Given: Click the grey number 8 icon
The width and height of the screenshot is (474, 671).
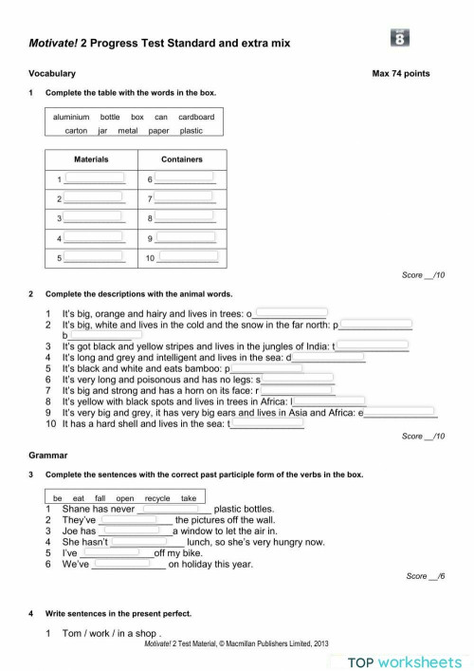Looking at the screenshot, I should tap(400, 39).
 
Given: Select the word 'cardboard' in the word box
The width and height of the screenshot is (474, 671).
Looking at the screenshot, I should tap(196, 117).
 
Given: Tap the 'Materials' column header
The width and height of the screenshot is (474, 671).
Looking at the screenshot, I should tap(91, 159).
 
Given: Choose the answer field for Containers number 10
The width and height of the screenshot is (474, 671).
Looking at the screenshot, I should tap(187, 256).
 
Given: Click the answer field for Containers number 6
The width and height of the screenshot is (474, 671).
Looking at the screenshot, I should tap(185, 178).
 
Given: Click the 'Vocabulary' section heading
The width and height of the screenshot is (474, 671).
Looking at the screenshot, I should tap(52, 73).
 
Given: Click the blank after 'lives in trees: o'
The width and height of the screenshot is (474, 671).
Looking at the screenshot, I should tap(291, 311).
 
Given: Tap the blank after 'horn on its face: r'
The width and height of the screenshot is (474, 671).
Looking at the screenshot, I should tap(298, 389).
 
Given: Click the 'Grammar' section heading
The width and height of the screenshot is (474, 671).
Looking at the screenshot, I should tap(48, 456).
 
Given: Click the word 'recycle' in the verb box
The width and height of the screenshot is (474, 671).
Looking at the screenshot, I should tap(157, 497).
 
